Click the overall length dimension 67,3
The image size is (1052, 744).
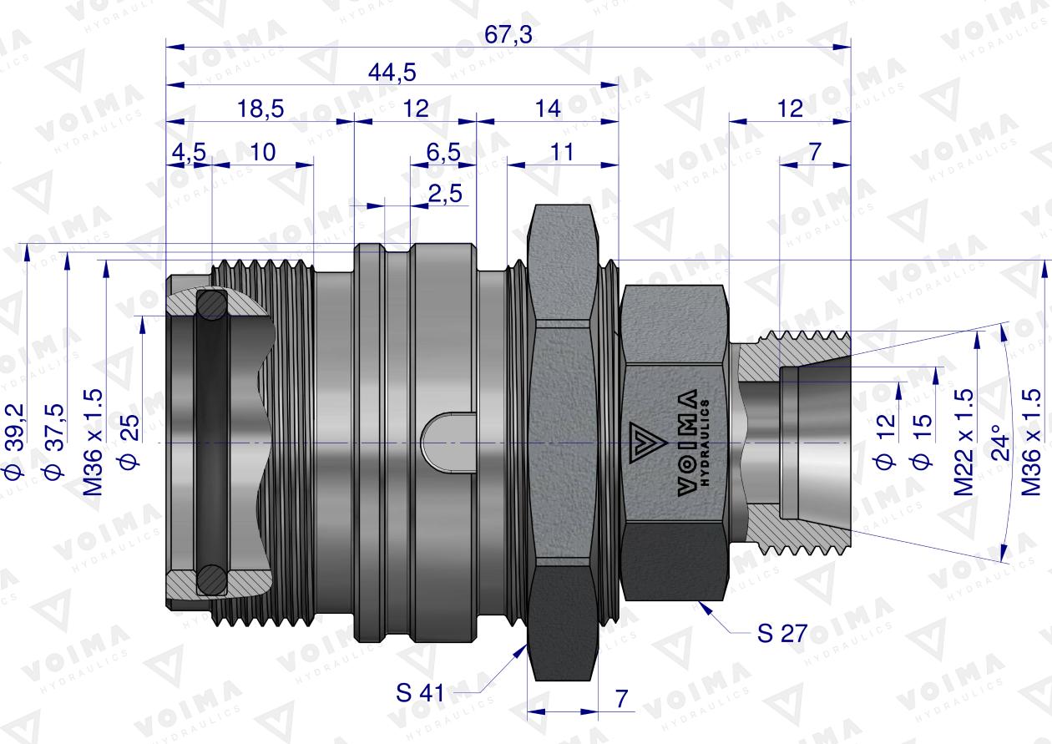[x=508, y=35]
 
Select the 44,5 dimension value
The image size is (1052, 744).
[x=392, y=73]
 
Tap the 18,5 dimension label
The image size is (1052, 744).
[x=260, y=108]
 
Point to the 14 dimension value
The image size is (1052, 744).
[x=548, y=108]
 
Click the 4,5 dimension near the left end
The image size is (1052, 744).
[x=188, y=152]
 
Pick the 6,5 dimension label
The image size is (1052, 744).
[x=443, y=152]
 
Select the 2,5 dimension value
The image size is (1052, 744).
[x=444, y=194]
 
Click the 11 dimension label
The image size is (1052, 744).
[x=564, y=152]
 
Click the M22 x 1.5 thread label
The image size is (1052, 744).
[x=964, y=442]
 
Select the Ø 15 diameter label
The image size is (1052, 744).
[x=923, y=440]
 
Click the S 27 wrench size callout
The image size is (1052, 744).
[x=781, y=633]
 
